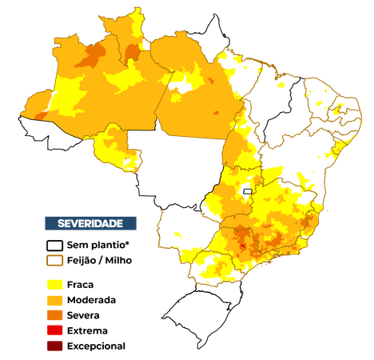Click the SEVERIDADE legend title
(x=90, y=222)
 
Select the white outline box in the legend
(x=54, y=245)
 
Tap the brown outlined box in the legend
(x=55, y=260)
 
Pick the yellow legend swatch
(x=55, y=284)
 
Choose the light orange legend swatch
(x=55, y=299)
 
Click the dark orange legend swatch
(x=55, y=314)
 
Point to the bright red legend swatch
(x=55, y=330)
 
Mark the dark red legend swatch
(x=55, y=345)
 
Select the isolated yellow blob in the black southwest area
(x=177, y=234)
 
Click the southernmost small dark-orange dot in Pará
(x=214, y=113)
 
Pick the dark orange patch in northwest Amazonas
(x=92, y=54)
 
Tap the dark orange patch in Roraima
(x=133, y=53)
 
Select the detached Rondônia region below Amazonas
(x=116, y=150)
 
